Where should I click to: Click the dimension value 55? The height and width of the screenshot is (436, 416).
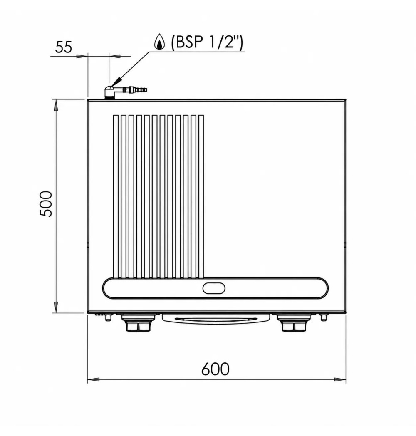[63, 47]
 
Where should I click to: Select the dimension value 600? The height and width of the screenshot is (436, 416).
[215, 369]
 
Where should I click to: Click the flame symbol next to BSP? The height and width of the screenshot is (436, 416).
[160, 42]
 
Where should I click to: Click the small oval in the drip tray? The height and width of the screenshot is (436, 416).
[214, 288]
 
